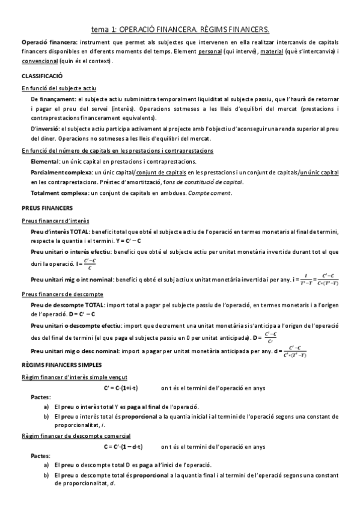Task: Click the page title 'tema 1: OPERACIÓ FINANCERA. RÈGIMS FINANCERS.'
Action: coord(180,28)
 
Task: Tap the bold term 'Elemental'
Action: coord(44,162)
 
